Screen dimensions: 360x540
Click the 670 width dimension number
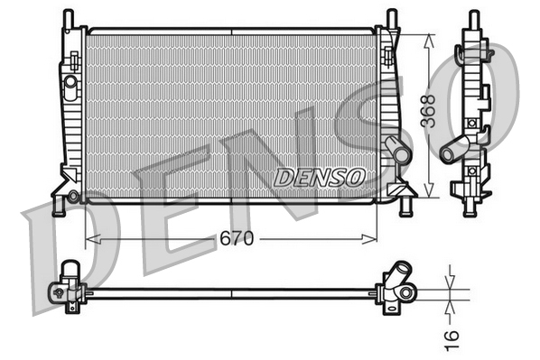point(233,239)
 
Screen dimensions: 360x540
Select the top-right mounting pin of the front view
point(391,18)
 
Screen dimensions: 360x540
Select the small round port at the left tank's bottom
point(73,195)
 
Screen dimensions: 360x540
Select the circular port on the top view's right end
point(407,291)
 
